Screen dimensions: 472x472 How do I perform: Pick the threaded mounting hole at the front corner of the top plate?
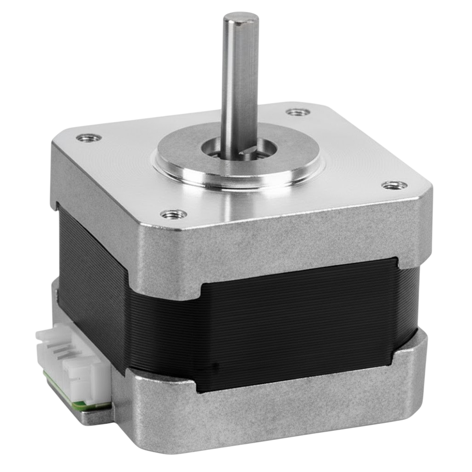[x=174, y=214]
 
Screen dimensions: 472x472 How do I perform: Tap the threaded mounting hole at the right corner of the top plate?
[x=395, y=185]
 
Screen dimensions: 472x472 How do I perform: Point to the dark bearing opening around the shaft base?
[x=217, y=150]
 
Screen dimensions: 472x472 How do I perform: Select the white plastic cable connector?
[x=74, y=364]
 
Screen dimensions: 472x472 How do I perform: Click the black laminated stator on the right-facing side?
[x=300, y=323]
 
